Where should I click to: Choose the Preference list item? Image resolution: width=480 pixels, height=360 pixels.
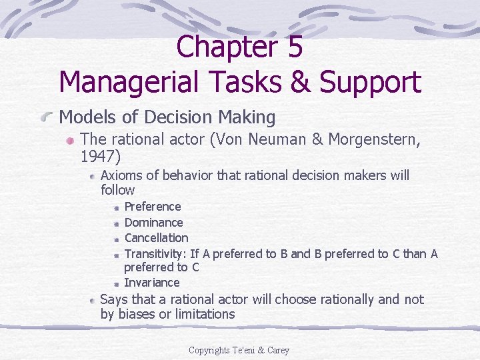[153, 207]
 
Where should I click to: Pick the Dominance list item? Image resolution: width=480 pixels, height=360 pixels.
[153, 222]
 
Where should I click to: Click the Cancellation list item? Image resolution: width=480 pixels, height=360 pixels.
[156, 237]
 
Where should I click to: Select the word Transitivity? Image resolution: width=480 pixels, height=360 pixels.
[155, 253]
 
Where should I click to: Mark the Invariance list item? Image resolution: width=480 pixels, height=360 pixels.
[152, 282]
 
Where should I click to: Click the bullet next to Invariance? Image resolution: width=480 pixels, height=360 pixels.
[117, 283]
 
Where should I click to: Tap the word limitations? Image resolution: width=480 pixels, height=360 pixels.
[205, 314]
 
